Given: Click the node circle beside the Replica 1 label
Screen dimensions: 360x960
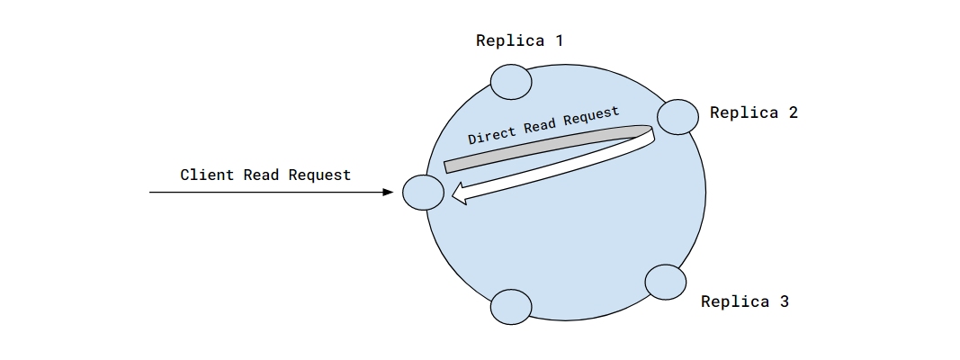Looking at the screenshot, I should [512, 82].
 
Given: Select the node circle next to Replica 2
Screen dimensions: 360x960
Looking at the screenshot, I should [678, 116].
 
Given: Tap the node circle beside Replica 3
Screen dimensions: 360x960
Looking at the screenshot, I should [666, 282].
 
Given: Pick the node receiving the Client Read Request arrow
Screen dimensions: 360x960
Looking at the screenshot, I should [423, 193].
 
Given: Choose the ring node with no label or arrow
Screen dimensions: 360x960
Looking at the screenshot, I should [511, 306].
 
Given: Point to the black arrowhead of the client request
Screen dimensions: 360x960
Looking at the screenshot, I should [388, 193].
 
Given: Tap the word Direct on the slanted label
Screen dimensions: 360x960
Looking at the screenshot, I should [493, 134].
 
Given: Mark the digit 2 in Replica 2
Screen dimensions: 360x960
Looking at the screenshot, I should [793, 112].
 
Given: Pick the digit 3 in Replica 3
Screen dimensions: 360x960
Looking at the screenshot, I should [784, 301].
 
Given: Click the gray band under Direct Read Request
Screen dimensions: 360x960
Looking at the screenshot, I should [540, 150].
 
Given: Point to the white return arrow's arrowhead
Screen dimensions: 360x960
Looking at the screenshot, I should [459, 193].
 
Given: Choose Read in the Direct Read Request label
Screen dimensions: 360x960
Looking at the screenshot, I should [539, 125].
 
